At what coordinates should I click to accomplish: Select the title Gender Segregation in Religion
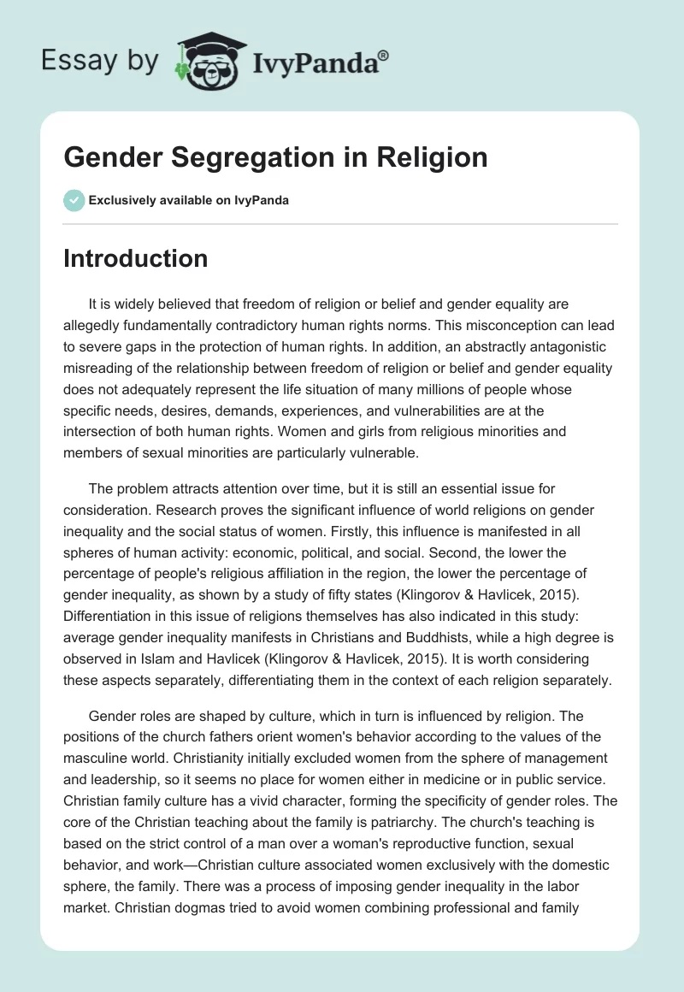pyautogui.click(x=275, y=158)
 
